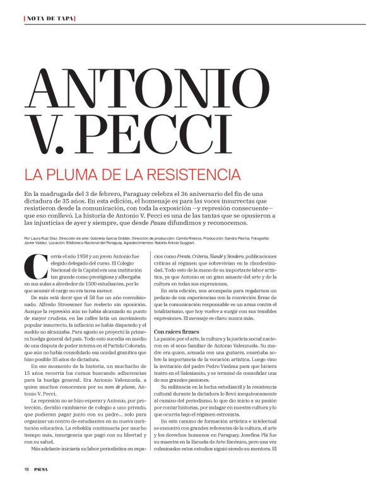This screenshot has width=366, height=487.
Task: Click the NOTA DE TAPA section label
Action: (x=49, y=18)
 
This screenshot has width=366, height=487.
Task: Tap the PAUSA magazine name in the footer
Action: (x=42, y=469)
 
